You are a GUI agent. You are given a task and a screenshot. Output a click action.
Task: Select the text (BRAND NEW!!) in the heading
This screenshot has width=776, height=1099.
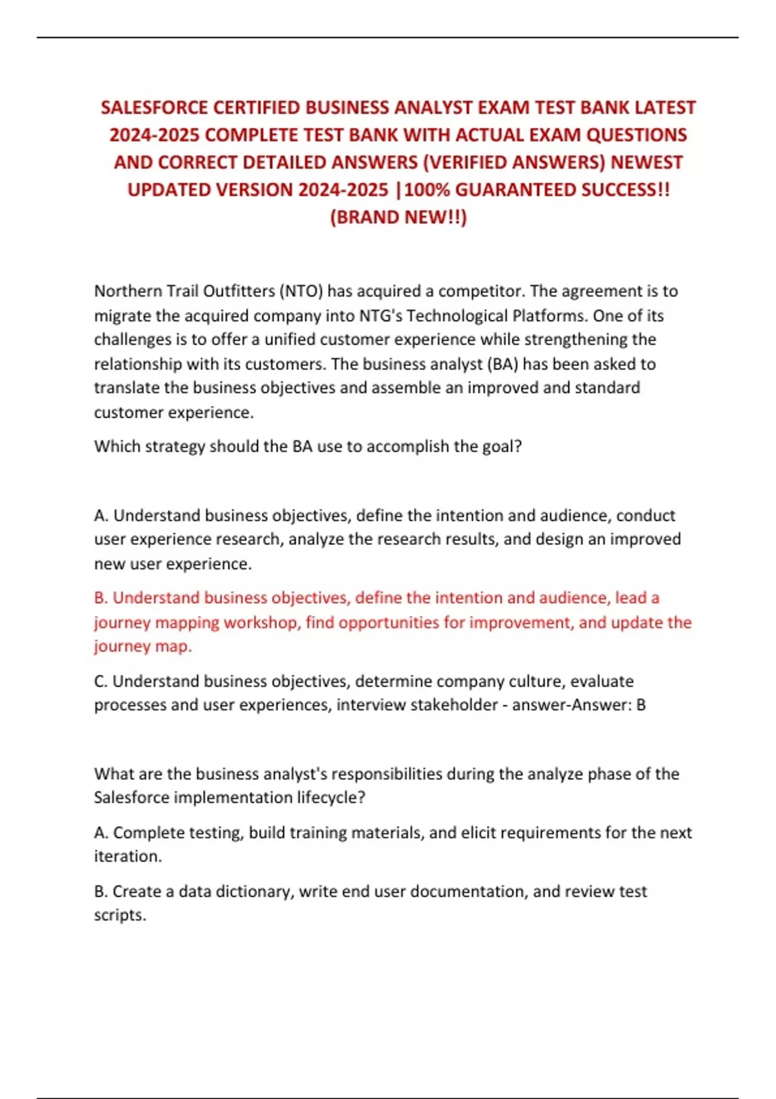[398, 217]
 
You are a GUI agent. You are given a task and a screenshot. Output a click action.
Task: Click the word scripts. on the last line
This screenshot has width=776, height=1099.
[120, 915]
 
